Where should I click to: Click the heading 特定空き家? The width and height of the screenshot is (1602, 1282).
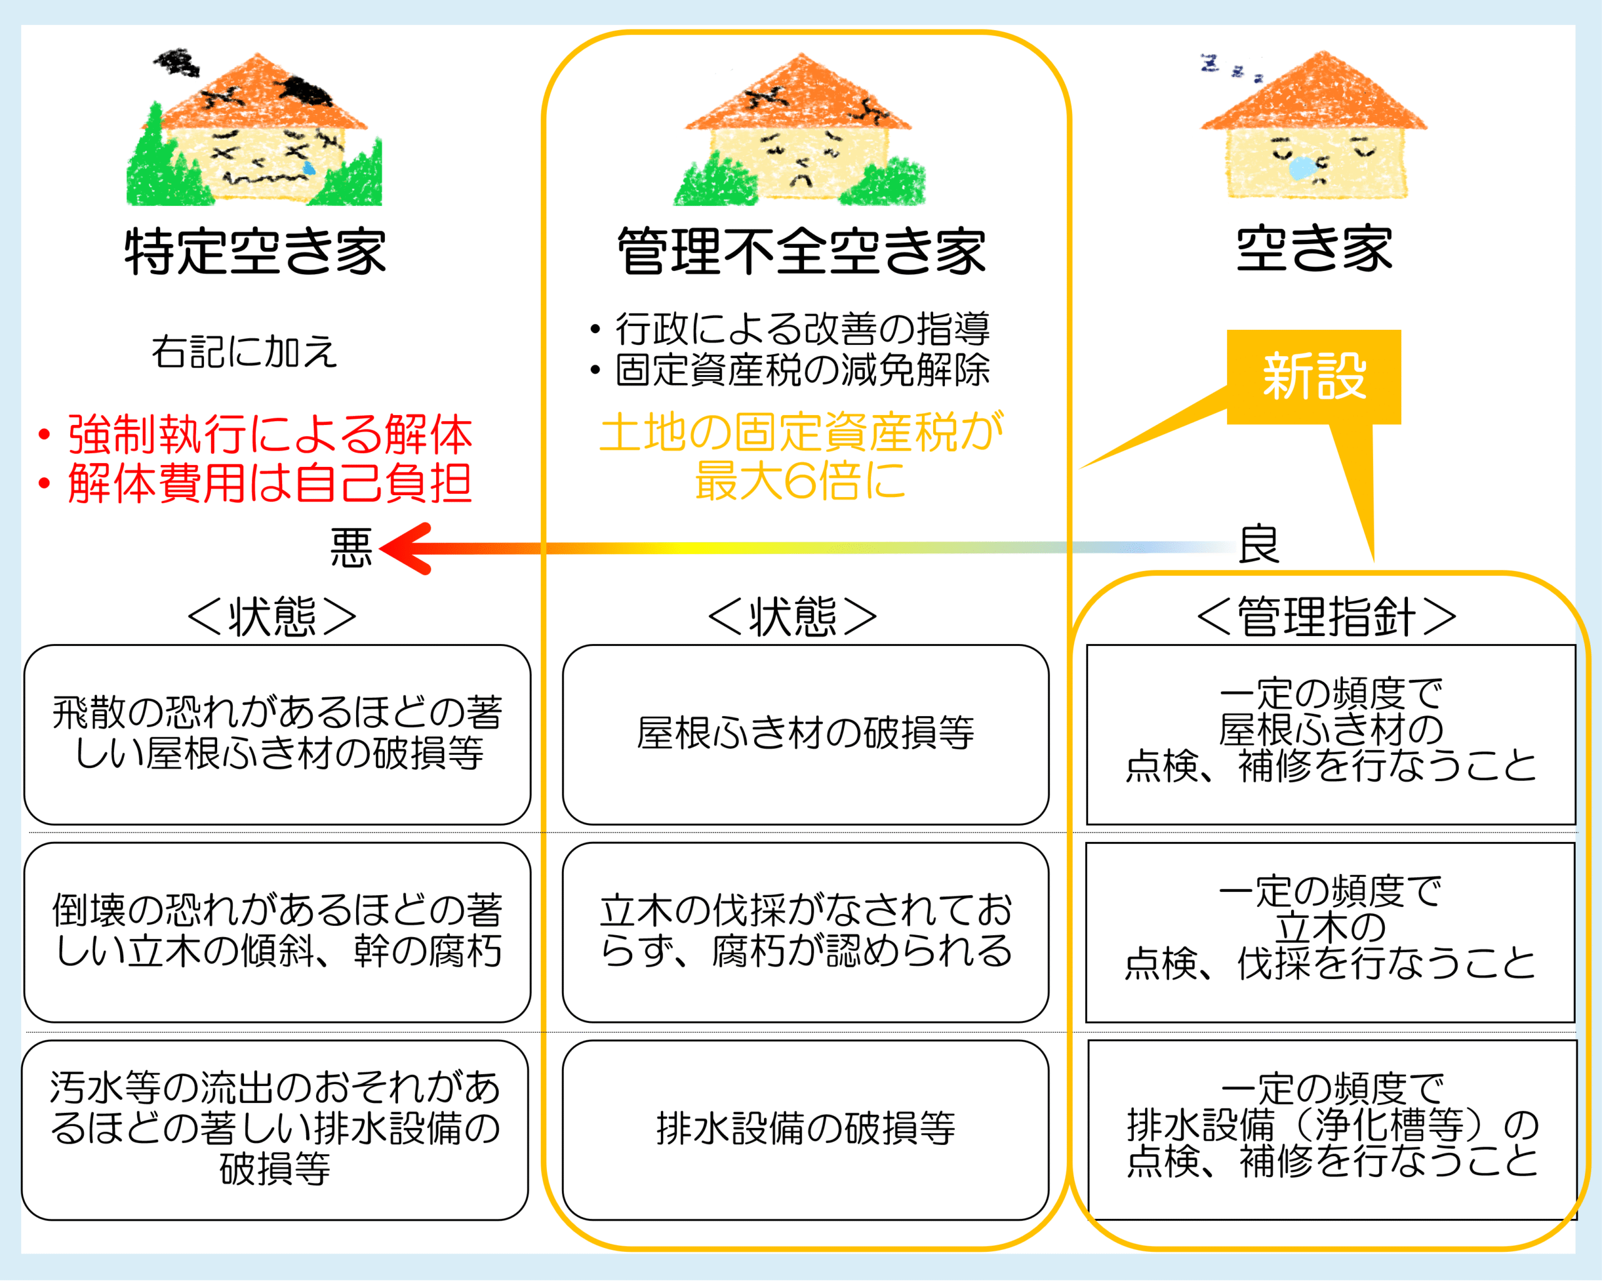click(255, 251)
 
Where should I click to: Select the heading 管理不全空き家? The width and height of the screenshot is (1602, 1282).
click(802, 251)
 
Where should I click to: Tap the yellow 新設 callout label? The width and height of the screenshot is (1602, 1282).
click(1314, 377)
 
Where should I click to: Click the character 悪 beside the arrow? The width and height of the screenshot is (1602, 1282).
click(350, 548)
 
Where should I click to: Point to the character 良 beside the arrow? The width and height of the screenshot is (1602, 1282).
click(1258, 544)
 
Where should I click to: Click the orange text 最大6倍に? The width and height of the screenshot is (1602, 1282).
click(800, 480)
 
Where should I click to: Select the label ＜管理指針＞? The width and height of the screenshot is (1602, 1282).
click(1326, 616)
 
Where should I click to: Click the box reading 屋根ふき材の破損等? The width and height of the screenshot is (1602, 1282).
click(805, 734)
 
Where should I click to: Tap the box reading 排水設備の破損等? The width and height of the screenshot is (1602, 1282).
click(805, 1130)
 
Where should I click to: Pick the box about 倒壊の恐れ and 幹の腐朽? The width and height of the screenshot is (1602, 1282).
click(277, 932)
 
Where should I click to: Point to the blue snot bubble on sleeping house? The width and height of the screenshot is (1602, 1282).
click(1301, 168)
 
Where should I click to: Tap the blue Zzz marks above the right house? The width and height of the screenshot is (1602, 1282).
click(1230, 68)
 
